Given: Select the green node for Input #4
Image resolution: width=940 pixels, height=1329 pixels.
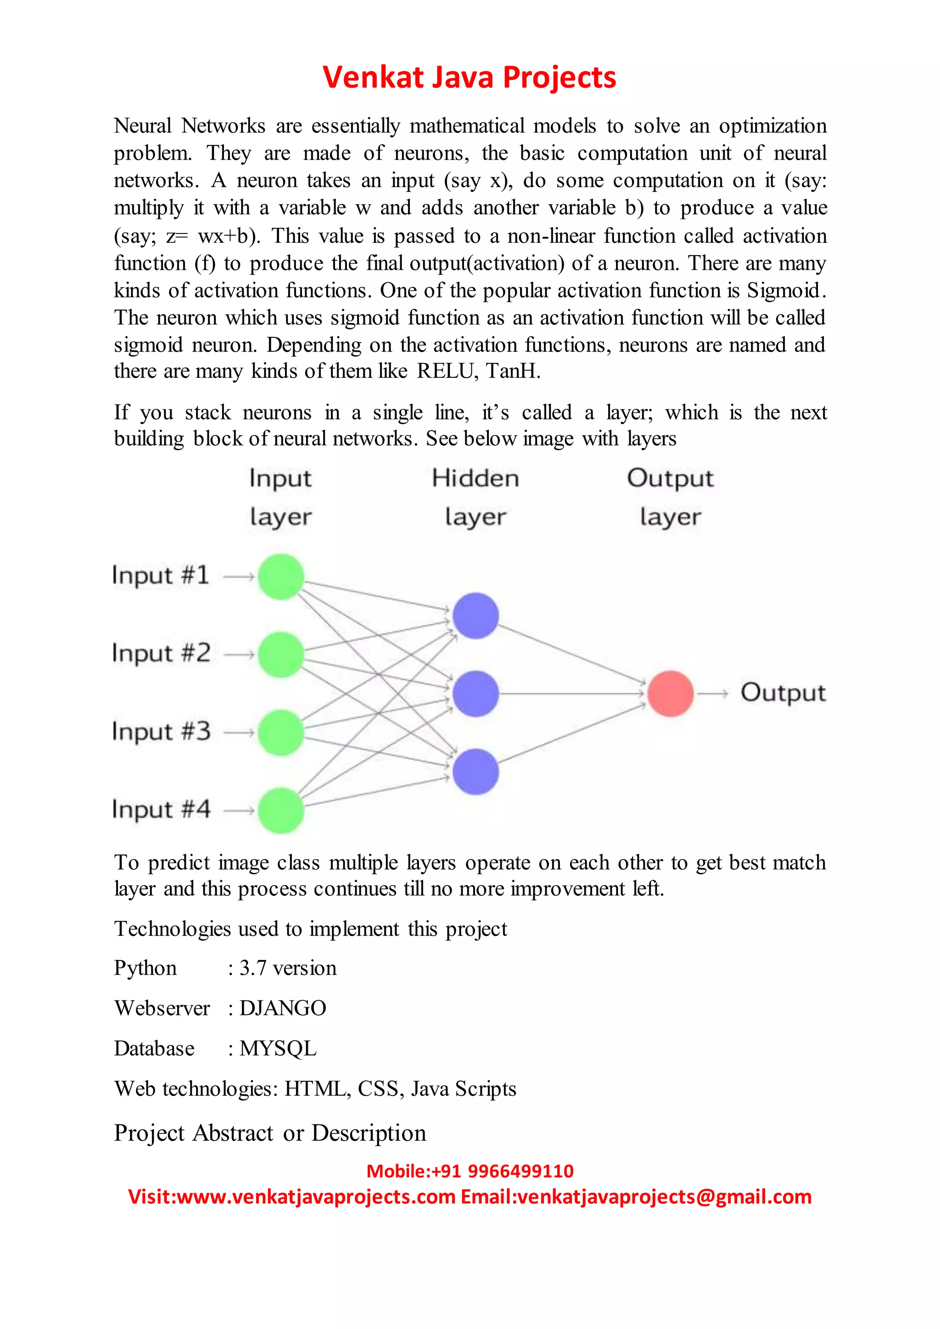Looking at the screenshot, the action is click(x=281, y=810).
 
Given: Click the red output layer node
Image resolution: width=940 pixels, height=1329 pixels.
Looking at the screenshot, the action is click(x=670, y=693).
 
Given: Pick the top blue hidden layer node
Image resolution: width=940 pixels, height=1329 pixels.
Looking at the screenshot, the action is click(x=475, y=615).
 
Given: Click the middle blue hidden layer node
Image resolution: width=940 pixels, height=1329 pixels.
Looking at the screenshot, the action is click(x=475, y=693).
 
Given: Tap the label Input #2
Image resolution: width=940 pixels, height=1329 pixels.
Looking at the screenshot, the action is click(x=161, y=653).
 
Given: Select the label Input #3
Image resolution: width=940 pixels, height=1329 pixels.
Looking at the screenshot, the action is click(x=161, y=732).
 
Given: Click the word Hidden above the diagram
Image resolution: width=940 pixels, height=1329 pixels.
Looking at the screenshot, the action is click(x=475, y=478).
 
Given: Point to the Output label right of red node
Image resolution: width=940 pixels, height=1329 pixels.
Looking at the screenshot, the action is click(x=783, y=693).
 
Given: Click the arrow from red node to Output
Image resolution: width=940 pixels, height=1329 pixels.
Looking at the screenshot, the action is click(x=713, y=693).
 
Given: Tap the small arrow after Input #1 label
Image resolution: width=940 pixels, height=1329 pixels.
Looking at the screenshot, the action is click(x=239, y=576).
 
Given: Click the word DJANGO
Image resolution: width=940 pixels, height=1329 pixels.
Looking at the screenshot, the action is click(x=283, y=1008).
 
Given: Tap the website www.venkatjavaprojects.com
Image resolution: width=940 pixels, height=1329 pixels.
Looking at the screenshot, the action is click(x=316, y=1196).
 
